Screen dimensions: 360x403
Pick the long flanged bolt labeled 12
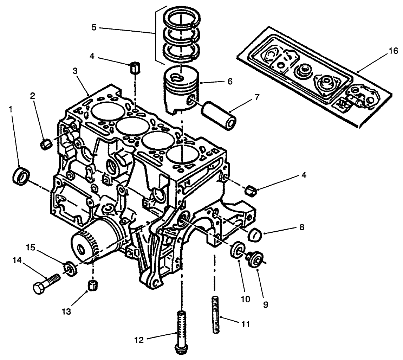[x=181, y=330]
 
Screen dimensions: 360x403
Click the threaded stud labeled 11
[x=216, y=315]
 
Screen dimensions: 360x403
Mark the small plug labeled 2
[x=46, y=144]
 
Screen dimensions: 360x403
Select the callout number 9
[x=266, y=304]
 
